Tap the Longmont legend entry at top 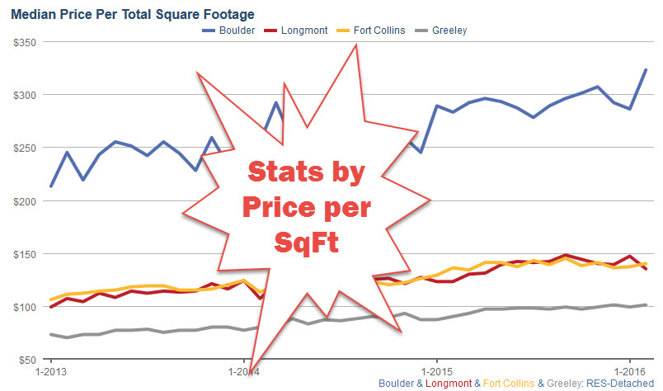click(303, 31)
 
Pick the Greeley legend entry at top click(449, 31)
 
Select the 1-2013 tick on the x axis click(51, 372)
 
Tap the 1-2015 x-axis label click(435, 372)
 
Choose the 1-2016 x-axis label click(628, 372)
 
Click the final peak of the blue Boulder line click(646, 70)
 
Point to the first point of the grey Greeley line click(51, 334)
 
